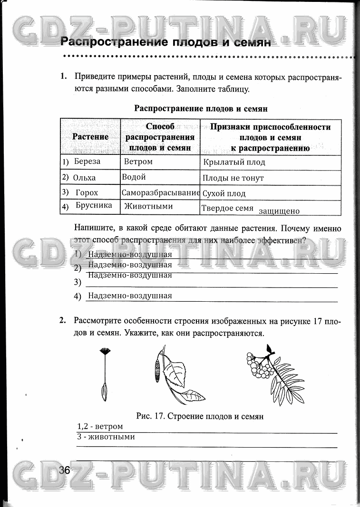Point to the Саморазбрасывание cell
coord(160,193)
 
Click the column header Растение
coord(90,137)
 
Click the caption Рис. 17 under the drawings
coord(200,416)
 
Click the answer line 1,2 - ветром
coord(100,427)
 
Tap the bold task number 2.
coord(62,321)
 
